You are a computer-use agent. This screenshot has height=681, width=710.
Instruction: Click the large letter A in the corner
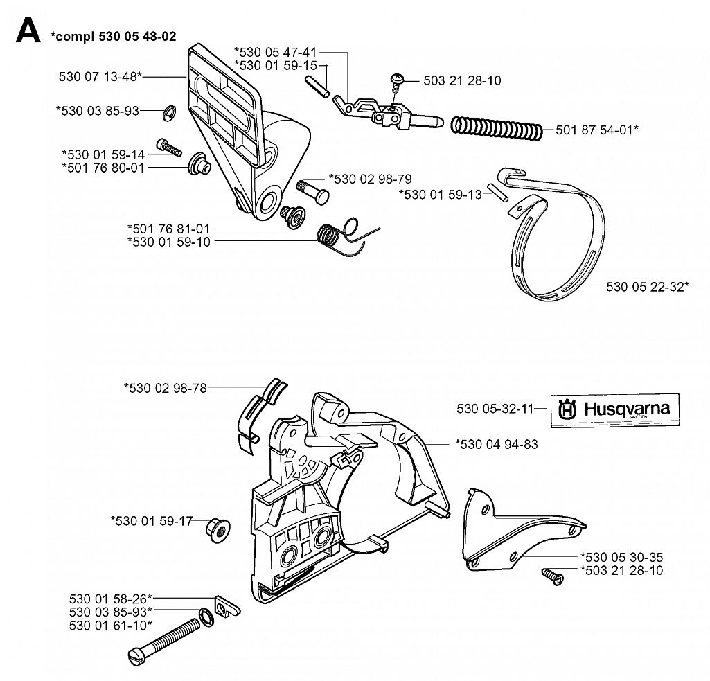tap(28, 30)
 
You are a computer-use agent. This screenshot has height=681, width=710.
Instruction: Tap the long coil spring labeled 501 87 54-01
tap(496, 129)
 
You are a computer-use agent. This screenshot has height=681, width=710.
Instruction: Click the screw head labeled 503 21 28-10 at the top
tap(397, 79)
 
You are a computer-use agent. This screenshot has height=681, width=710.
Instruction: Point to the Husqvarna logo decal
tap(615, 410)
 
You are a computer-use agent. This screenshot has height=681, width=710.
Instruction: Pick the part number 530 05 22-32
tap(648, 287)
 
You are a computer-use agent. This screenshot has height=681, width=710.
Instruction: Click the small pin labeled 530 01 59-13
tap(497, 193)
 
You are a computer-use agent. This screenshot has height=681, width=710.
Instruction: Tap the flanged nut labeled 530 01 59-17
tap(218, 531)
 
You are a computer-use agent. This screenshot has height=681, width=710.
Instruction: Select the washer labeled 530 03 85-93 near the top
tap(169, 113)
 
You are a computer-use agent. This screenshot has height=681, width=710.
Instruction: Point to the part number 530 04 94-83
tap(497, 444)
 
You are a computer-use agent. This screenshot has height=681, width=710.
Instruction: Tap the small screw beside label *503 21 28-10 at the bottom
tap(553, 577)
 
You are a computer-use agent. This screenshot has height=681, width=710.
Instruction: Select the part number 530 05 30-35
tap(622, 557)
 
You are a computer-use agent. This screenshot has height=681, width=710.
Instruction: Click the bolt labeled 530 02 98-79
tap(312, 191)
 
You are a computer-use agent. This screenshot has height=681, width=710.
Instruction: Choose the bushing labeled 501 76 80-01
tap(199, 164)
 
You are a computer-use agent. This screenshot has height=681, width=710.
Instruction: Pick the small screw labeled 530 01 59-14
tap(169, 148)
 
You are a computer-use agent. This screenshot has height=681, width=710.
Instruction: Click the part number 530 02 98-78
tap(166, 388)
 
